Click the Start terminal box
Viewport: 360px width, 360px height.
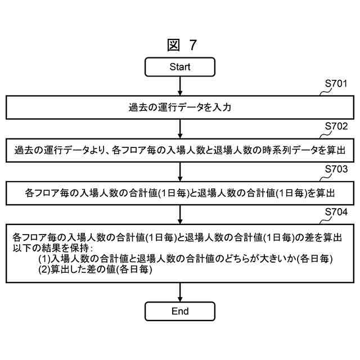click(180, 67)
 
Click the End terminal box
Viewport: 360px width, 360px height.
click(180, 311)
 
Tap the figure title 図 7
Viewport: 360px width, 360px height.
click(182, 44)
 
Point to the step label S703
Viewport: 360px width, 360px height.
click(336, 169)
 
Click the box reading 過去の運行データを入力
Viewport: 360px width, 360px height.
click(180, 108)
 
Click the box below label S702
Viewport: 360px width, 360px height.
click(180, 151)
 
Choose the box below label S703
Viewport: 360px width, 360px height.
click(180, 193)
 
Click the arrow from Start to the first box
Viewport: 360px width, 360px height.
click(180, 85)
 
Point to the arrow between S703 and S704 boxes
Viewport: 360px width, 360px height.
click(180, 214)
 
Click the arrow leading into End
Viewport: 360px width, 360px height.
click(180, 292)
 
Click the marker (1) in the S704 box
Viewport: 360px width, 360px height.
click(44, 259)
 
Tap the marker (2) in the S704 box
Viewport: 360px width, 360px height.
click(44, 270)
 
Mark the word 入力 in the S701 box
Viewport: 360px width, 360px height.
click(223, 108)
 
